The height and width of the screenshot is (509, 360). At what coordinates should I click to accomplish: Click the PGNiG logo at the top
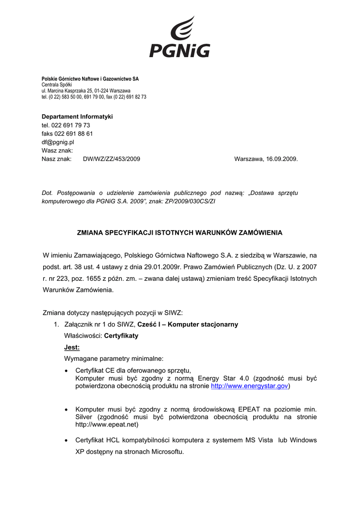(180, 37)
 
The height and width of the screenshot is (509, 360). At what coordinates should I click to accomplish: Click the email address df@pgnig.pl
(58, 142)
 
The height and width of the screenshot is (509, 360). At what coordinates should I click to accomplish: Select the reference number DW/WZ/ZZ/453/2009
(111, 159)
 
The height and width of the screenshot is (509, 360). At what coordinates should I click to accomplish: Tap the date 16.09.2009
(281, 159)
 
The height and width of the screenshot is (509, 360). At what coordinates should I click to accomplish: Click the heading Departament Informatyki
(77, 116)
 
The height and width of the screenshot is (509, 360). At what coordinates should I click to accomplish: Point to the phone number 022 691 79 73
(71, 125)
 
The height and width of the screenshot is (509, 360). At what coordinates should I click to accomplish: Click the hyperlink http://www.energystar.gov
(250, 386)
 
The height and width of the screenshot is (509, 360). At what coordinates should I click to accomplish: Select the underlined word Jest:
(72, 347)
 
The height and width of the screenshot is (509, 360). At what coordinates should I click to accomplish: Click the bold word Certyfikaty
(121, 336)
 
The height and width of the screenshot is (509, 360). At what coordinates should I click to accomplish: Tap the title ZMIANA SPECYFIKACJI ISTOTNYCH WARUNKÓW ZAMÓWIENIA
(180, 232)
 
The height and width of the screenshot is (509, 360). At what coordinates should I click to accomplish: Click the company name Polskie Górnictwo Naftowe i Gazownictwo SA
(90, 79)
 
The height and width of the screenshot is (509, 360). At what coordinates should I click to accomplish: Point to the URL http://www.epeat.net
(107, 425)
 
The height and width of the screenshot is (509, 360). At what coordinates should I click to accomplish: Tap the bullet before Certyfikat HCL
(67, 441)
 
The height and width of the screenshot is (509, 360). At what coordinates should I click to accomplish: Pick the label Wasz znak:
(57, 151)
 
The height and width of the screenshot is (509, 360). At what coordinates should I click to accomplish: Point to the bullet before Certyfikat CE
(67, 371)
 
